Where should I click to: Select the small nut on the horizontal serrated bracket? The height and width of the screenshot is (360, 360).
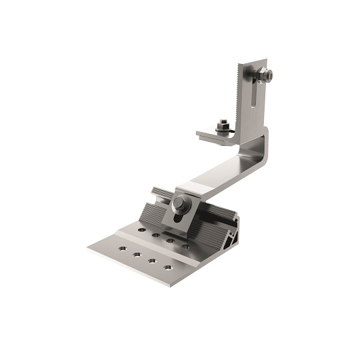point(222,123)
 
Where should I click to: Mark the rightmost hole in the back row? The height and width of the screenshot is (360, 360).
point(185,247)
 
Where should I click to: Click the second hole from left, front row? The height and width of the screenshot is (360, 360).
point(137,254)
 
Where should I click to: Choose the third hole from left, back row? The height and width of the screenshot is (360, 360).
point(171,241)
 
